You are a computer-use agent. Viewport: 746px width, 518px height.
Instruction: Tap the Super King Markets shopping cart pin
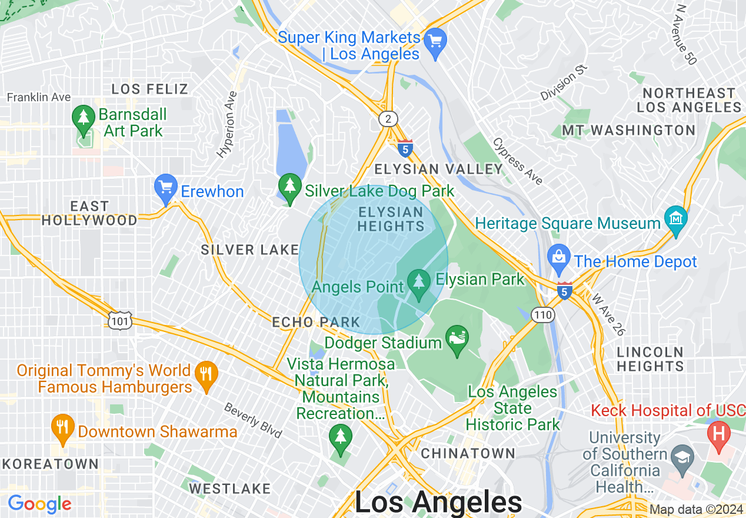435,42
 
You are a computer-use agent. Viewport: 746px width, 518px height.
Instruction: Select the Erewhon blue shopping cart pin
166,188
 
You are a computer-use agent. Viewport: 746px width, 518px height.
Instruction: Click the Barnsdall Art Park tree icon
84,118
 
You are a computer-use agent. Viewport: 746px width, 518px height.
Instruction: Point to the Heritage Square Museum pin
676,220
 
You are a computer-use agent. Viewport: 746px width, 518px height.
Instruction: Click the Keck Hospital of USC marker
718,436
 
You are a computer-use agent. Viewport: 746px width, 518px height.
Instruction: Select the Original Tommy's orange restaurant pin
206,375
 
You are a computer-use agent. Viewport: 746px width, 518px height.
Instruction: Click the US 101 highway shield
119,320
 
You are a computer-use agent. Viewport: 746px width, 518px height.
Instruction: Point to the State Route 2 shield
387,119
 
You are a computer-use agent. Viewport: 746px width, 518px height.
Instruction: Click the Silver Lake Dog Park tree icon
289,187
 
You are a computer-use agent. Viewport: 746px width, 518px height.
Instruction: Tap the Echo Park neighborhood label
316,322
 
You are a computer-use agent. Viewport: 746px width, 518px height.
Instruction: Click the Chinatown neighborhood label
468,453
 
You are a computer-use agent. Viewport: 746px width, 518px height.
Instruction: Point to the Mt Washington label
628,130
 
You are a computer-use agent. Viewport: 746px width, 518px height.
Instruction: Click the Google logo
39,504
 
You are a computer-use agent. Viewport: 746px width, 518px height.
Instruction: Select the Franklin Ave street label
39,97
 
